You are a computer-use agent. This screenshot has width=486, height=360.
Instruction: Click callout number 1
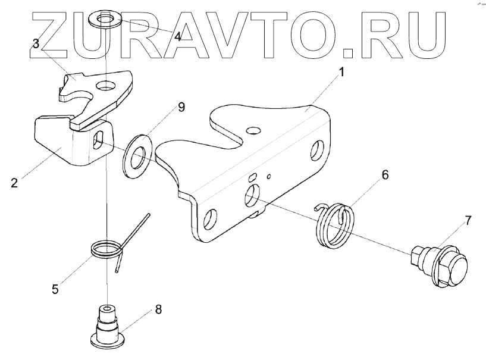(x=341, y=73)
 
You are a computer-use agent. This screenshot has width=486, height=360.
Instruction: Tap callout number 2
(x=14, y=182)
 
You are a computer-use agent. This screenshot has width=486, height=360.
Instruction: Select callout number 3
(x=36, y=43)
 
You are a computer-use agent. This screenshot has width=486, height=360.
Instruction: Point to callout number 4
(x=177, y=36)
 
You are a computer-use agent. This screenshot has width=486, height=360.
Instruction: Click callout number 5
(x=55, y=289)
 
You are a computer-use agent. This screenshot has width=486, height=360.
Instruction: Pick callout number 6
(x=385, y=174)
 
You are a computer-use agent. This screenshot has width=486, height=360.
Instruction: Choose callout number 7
(x=468, y=220)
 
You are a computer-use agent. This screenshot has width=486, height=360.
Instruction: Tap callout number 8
(x=158, y=309)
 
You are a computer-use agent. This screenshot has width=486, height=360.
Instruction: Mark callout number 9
(x=181, y=107)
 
